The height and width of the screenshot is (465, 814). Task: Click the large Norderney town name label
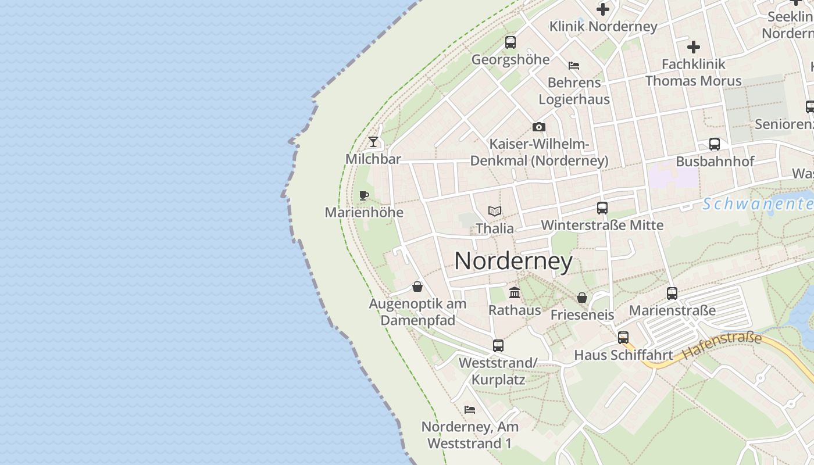click(513, 261)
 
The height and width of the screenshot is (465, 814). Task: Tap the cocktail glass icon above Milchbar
click(373, 142)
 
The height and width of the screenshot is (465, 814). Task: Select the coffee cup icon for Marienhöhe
click(364, 195)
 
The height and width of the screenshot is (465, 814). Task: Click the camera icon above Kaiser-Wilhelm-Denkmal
click(539, 127)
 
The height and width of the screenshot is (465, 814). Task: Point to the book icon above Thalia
click(495, 211)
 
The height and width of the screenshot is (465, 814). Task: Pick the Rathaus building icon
click(515, 293)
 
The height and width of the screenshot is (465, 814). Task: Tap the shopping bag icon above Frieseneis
click(582, 298)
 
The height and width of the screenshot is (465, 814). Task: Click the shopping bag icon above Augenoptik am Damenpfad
click(417, 287)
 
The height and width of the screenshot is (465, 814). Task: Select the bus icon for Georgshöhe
click(510, 42)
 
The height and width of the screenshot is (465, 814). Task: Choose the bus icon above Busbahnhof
click(715, 144)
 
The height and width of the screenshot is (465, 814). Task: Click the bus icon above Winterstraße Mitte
click(602, 208)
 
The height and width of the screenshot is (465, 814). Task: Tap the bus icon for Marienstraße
click(672, 294)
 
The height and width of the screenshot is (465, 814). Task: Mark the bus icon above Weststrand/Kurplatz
click(498, 346)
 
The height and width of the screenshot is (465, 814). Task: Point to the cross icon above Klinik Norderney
click(603, 9)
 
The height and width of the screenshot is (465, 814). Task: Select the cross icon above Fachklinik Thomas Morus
click(694, 47)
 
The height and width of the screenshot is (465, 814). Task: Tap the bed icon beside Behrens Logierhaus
click(574, 66)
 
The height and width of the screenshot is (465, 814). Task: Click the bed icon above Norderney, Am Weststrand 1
click(470, 410)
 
